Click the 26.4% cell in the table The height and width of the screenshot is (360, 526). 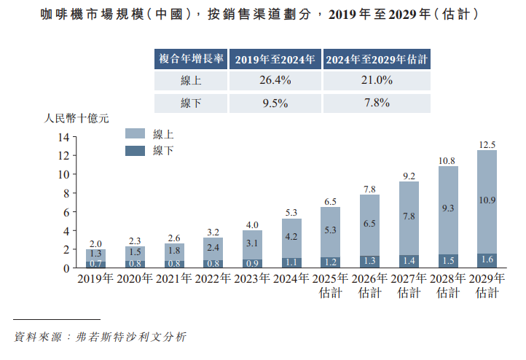pyautogui.click(x=275, y=81)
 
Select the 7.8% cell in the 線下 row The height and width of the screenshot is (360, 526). pyautogui.click(x=377, y=103)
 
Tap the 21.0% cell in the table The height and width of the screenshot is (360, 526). pyautogui.click(x=377, y=81)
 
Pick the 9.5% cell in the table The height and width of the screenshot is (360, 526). pyautogui.click(x=275, y=103)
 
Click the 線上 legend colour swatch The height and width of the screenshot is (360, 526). pyautogui.click(x=136, y=134)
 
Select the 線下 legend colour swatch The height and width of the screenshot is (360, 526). pyautogui.click(x=136, y=151)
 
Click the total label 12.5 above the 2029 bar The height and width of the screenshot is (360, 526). pyautogui.click(x=487, y=144)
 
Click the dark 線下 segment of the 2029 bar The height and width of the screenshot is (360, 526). pyautogui.click(x=487, y=260)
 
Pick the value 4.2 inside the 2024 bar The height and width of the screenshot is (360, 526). pyautogui.click(x=291, y=237)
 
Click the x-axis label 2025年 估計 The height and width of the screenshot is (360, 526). pyautogui.click(x=331, y=286)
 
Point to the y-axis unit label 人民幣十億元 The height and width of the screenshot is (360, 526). pyautogui.click(x=77, y=117)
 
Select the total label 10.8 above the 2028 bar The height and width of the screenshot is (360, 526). pyautogui.click(x=447, y=160)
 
